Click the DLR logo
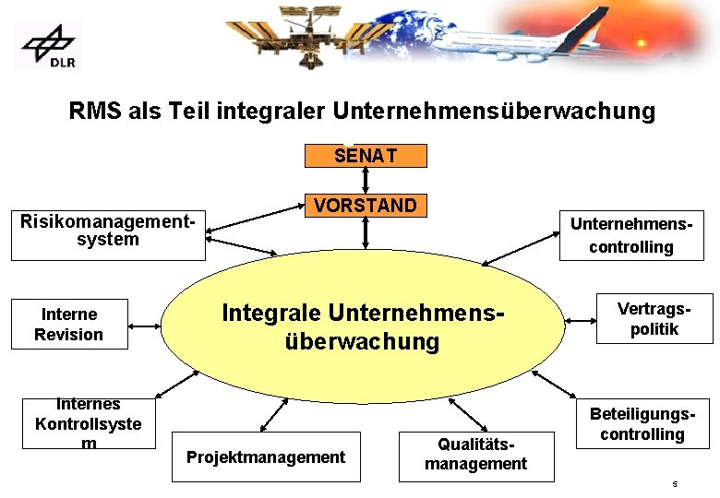point(48,45)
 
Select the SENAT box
point(366,156)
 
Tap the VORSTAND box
point(366,205)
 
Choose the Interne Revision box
point(69,325)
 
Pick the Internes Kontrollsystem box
point(89,423)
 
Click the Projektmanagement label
point(266,456)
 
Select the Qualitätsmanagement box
point(475,455)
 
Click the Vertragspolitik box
point(654,319)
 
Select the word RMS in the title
point(93,112)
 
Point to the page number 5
point(675,484)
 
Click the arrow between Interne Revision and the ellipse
point(146,324)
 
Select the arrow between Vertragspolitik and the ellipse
point(581,320)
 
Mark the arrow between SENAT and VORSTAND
point(366,181)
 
